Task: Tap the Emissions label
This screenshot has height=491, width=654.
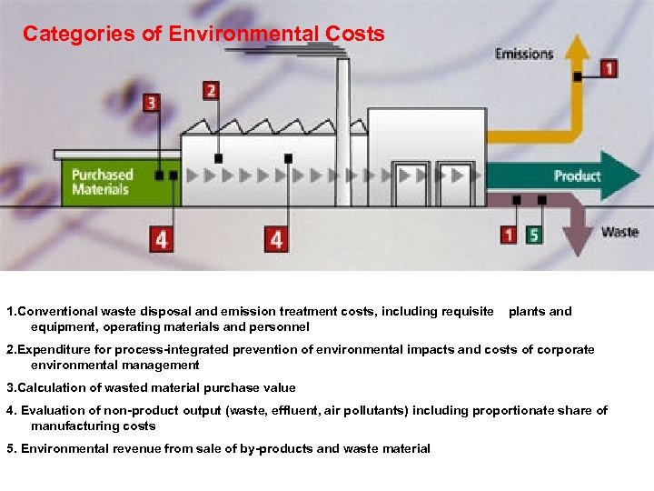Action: coord(524,54)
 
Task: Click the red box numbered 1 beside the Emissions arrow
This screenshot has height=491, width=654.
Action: coord(608,68)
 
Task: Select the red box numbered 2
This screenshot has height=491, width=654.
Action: coord(211,90)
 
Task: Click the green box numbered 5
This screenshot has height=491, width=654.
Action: coord(534,235)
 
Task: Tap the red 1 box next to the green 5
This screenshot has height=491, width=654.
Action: coord(509,235)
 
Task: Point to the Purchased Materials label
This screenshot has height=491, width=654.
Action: coord(102,182)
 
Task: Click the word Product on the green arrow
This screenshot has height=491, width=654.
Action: coord(577,175)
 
